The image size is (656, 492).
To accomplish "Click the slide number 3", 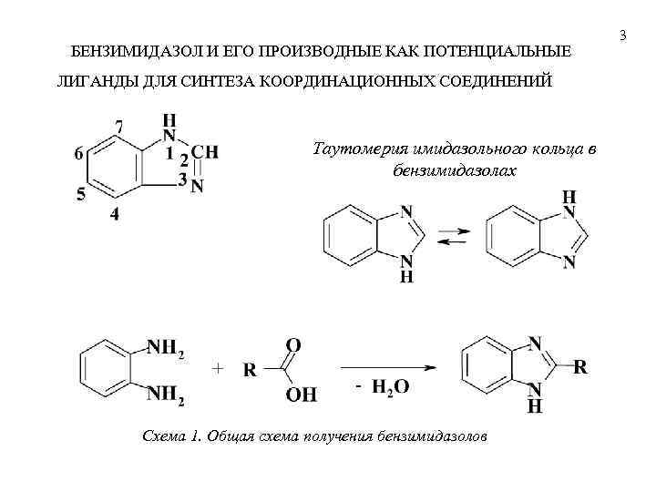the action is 623,36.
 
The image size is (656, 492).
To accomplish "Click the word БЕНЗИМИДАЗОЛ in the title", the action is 130,52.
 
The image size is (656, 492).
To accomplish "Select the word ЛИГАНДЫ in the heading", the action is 93,83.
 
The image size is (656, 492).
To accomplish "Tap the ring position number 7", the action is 119,125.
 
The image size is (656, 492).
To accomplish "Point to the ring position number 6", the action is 79,153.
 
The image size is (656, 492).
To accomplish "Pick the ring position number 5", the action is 81,193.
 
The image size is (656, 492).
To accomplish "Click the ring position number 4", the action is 114,214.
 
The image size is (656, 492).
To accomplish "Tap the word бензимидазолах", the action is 454,170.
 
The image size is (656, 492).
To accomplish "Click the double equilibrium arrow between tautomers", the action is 452,236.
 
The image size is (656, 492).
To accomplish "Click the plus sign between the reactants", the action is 217,368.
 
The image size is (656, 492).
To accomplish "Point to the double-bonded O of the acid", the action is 293,345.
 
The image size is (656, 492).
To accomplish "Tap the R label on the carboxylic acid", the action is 249,370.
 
